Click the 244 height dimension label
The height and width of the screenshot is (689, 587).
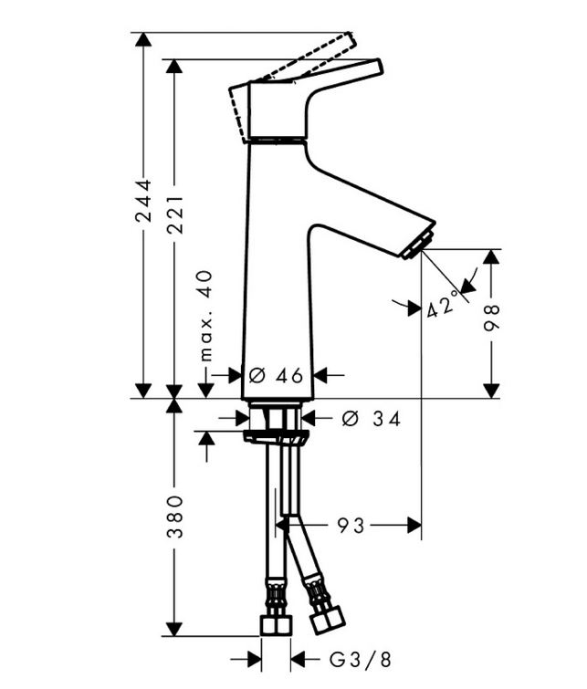(143, 201)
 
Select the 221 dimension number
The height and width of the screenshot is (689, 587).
(176, 214)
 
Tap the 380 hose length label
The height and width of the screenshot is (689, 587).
(175, 517)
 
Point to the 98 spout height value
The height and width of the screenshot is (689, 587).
(491, 317)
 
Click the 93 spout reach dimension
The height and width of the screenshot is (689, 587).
(351, 525)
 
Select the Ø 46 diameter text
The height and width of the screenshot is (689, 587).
(276, 376)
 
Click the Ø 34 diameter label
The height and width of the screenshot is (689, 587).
(372, 419)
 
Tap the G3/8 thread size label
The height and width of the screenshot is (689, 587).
(361, 660)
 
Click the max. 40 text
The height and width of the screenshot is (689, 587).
(205, 316)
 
